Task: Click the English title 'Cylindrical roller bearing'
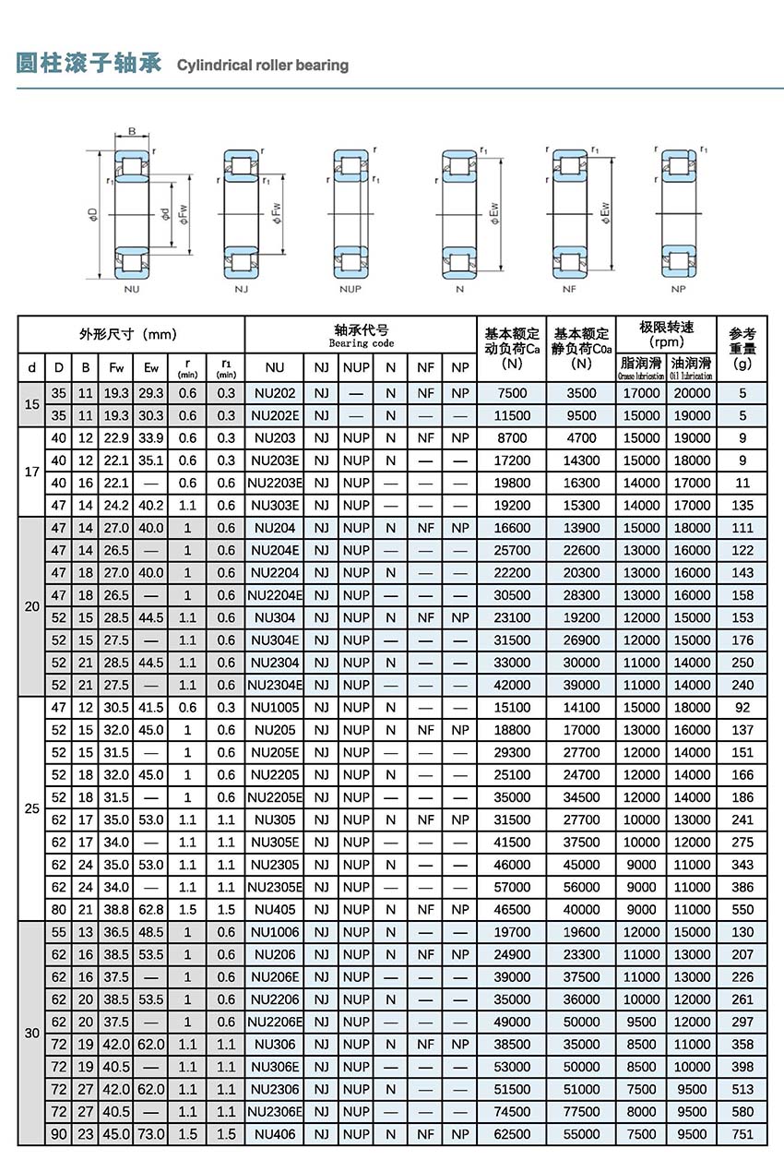coord(262,66)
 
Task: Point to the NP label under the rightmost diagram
coord(679,289)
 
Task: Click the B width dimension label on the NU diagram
coord(131,130)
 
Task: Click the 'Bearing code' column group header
coord(362,336)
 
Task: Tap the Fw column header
coord(116,367)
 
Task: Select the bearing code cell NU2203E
coord(275,483)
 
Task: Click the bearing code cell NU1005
coord(275,708)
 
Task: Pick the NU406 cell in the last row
coord(275,1134)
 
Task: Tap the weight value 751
coord(742,1134)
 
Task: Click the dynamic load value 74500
coord(513,1112)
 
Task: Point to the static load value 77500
coord(581,1112)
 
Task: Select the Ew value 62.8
coord(151,909)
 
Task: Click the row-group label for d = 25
coord(32,808)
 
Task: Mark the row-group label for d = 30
coord(32,1034)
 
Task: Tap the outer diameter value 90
coord(59,1134)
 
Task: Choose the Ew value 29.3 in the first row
coord(151,393)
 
